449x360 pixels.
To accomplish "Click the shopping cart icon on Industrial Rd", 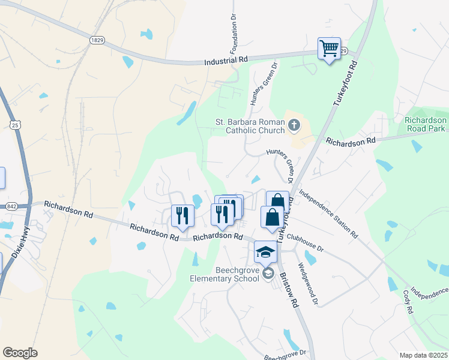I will (x=329, y=49).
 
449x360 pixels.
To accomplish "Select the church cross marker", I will (x=294, y=125).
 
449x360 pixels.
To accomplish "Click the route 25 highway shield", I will (x=15, y=124).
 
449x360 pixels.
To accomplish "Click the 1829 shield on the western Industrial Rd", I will (x=97, y=40).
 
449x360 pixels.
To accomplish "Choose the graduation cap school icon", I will (x=265, y=252).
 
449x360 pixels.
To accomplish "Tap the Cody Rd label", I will (x=408, y=301).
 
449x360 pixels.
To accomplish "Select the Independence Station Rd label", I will (x=327, y=214).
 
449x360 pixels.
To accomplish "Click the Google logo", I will (x=20, y=353).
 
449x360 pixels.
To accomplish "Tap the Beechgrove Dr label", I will (x=286, y=355).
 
